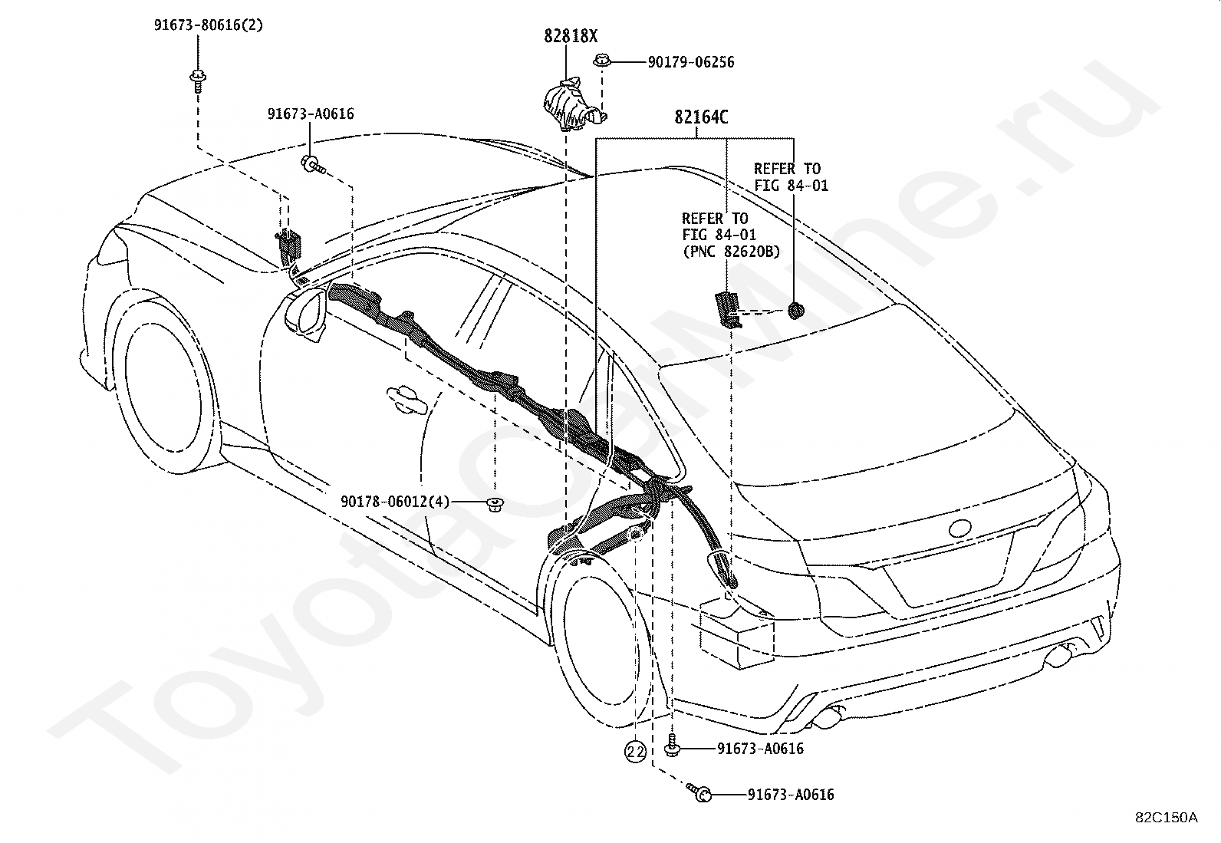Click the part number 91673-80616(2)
pos(208,25)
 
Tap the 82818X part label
pos(571,37)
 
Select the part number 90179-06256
pos(690,62)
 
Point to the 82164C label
pos(701,117)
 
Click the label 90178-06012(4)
pos(395,501)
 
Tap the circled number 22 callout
pos(635,752)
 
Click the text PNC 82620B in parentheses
pos(731,252)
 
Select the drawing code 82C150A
pos(1167,818)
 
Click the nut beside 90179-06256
pos(601,60)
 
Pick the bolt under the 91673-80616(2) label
pos(197,81)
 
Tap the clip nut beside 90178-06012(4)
pos(495,505)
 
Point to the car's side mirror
pos(308,316)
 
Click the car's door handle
pos(406,399)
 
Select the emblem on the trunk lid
pos(960,529)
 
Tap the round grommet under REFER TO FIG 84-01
pos(796,311)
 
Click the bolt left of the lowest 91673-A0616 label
pos(699,793)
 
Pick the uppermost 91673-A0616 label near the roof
pos(310,114)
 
